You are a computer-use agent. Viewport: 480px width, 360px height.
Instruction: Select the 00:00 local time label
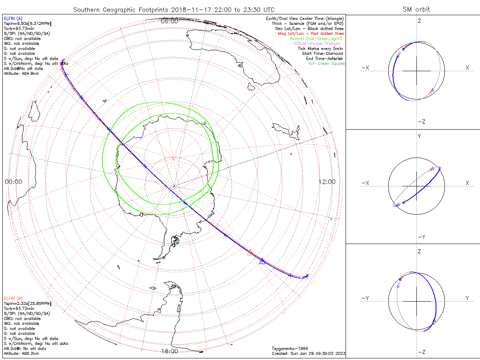pos(13,182)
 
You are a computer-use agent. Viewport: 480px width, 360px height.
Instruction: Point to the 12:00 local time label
pos(327,182)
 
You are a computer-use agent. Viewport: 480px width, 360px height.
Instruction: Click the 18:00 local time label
pos(169,351)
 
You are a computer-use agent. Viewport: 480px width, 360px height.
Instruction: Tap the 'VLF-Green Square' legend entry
pos(326,64)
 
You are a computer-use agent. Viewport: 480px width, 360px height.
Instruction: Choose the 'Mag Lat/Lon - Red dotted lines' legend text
pos(310,34)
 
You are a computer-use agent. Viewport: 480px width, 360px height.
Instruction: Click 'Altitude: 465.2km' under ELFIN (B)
pos(21,354)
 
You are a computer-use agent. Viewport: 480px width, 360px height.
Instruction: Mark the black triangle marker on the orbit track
pos(262,261)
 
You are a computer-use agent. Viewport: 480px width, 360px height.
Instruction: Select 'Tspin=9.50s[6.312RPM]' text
pos(27,24)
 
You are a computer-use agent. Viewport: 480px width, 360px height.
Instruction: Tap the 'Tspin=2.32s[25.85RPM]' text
pos(27,304)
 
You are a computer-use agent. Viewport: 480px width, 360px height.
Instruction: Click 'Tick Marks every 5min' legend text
pos(320,49)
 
